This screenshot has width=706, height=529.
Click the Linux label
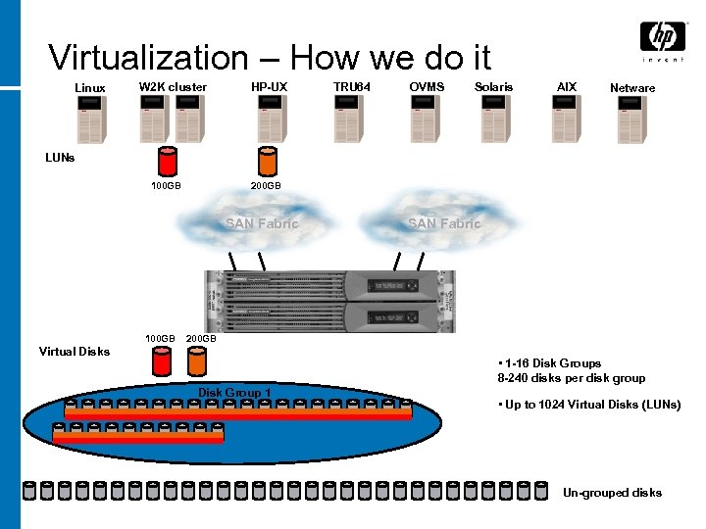90,88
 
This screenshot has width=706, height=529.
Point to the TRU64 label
352,86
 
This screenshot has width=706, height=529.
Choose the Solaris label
493,86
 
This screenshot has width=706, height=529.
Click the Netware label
632,88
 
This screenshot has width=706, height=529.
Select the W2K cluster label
173,86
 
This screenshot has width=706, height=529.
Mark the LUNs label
60,157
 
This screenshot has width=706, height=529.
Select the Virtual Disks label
74,351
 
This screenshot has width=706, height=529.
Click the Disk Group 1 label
235,393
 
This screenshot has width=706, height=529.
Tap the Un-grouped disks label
612,493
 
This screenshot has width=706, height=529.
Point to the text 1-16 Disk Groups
554,363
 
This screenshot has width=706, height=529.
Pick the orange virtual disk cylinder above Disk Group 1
197,362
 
